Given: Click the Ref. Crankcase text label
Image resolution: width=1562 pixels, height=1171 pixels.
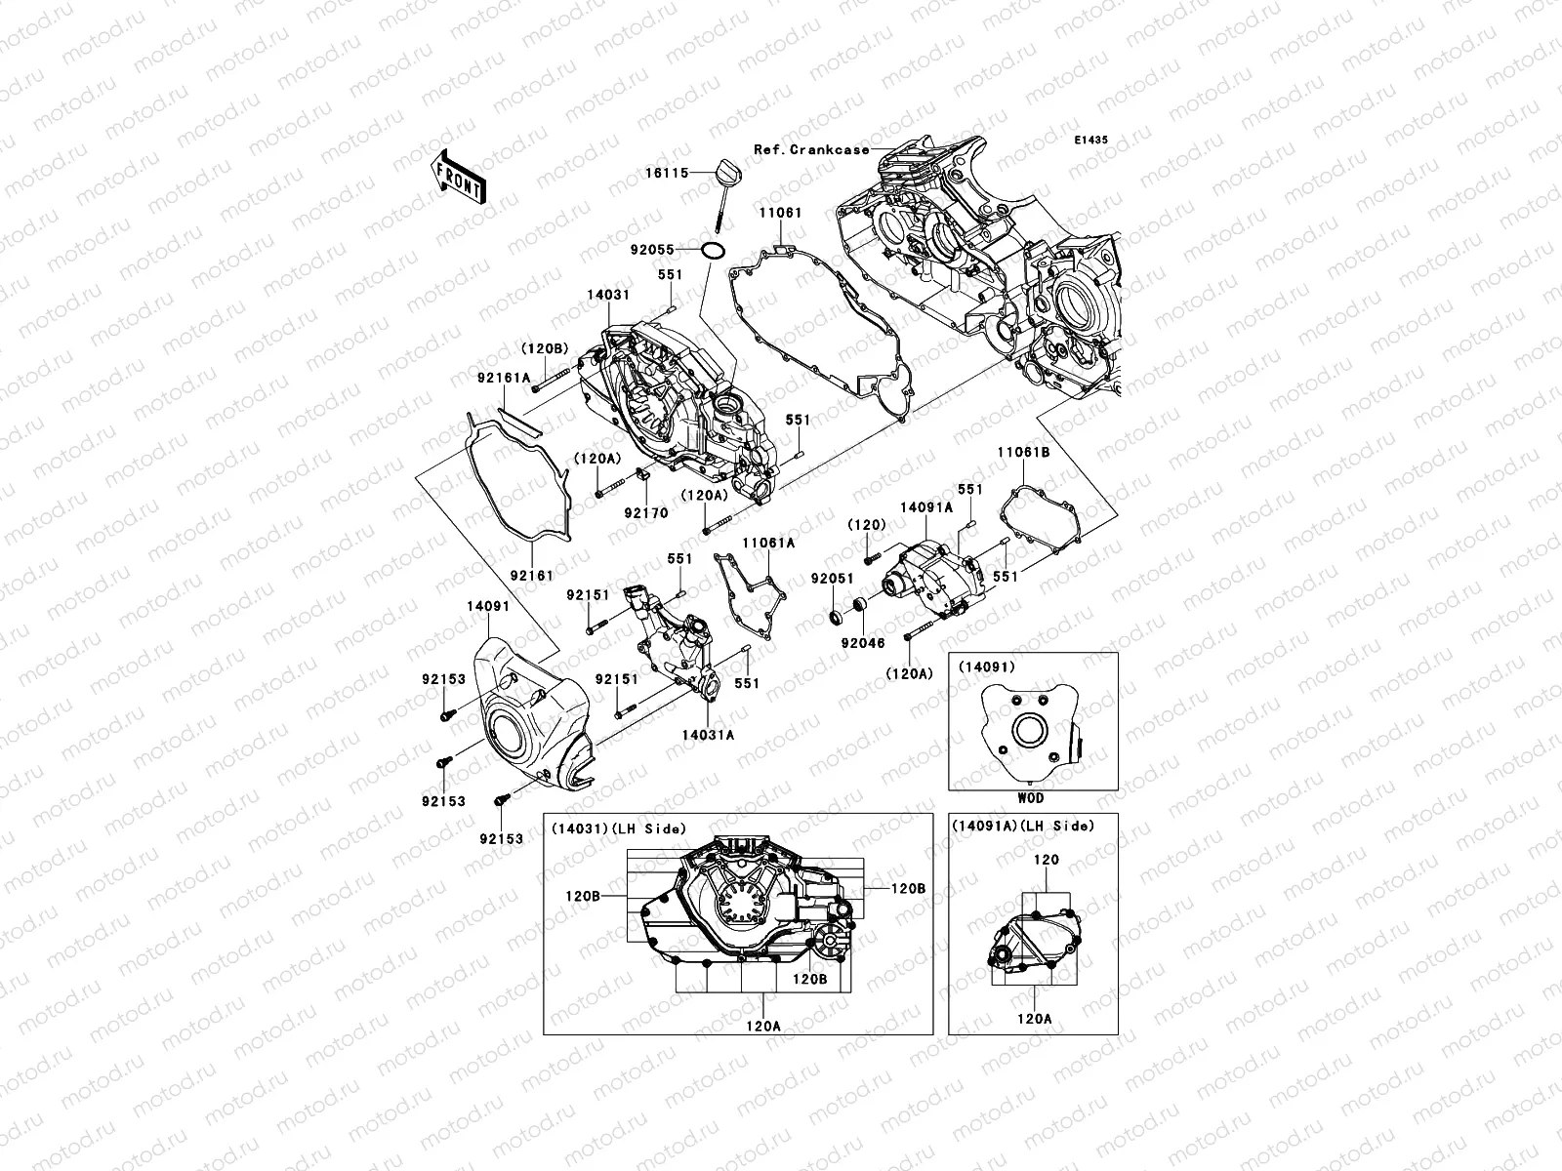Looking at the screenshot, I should pos(810,149).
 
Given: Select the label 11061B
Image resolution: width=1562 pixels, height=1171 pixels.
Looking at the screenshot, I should pos(1023,453).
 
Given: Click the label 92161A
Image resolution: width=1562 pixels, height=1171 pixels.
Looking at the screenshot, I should pos(530,377).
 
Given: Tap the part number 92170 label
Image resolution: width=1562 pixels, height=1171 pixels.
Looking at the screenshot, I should pos(646,513).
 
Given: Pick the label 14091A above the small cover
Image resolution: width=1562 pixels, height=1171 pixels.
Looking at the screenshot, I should pos(925,507).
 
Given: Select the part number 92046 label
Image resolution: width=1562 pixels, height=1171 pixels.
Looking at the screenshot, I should pos(862,644).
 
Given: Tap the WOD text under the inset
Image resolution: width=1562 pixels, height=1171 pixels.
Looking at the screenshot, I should pos(1032,797).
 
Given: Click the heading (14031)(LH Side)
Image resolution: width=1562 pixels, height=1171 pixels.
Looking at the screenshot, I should pos(618,828).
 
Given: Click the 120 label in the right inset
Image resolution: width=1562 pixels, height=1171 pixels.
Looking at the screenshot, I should pos(1046,861).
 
